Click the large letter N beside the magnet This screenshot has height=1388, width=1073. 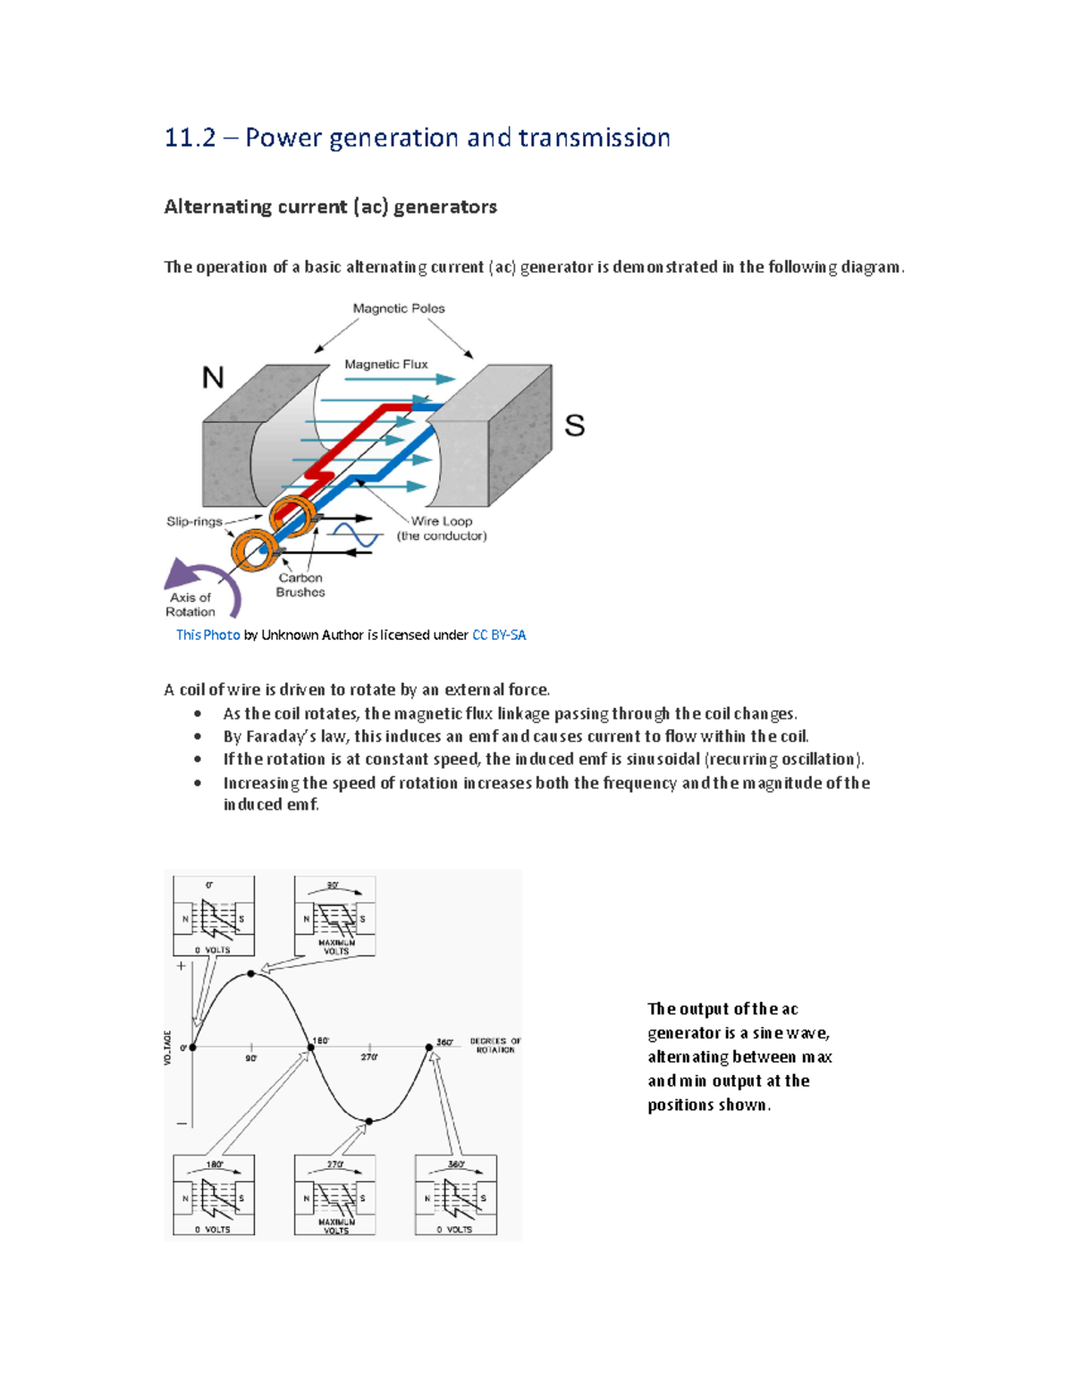click(213, 378)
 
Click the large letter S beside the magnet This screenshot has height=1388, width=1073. click(574, 425)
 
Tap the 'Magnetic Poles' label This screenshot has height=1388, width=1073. click(399, 308)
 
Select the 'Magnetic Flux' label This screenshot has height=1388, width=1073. click(386, 365)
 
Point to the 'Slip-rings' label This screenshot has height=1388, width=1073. click(194, 521)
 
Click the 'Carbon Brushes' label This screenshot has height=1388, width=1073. click(300, 585)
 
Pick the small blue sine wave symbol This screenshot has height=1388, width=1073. click(355, 535)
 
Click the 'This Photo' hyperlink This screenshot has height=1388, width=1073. click(207, 635)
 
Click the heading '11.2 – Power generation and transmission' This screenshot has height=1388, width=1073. click(417, 138)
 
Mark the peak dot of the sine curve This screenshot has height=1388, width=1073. click(251, 973)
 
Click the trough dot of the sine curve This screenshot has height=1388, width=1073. click(368, 1121)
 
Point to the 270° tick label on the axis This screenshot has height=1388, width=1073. click(368, 1057)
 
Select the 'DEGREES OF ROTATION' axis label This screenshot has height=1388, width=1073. click(494, 1045)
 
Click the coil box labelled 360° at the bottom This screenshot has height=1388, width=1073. click(456, 1196)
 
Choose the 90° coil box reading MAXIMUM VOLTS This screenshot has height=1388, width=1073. click(335, 916)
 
